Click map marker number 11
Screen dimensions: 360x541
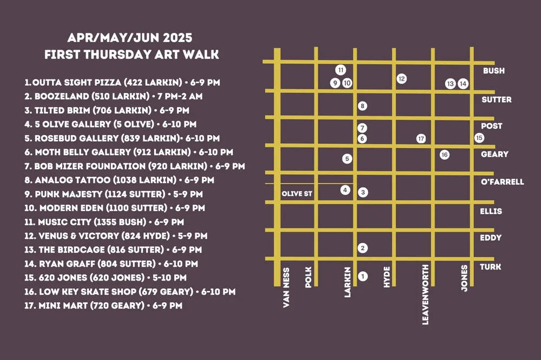340,70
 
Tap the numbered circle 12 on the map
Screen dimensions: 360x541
401,79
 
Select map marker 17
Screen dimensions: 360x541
421,138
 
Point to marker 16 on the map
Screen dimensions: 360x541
445,155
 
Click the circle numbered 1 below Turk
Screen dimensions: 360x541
363,276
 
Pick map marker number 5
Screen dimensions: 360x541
347,159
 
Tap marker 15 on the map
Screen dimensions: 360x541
479,138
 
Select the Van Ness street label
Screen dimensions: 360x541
287,287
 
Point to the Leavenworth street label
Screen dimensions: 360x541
425,294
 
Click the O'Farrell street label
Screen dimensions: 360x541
502,182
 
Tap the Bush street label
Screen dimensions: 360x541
493,71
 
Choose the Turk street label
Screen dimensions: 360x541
490,267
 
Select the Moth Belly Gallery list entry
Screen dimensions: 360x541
129,152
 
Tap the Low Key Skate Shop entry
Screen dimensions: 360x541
130,292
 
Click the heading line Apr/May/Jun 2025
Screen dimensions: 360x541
130,39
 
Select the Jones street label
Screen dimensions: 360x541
464,278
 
